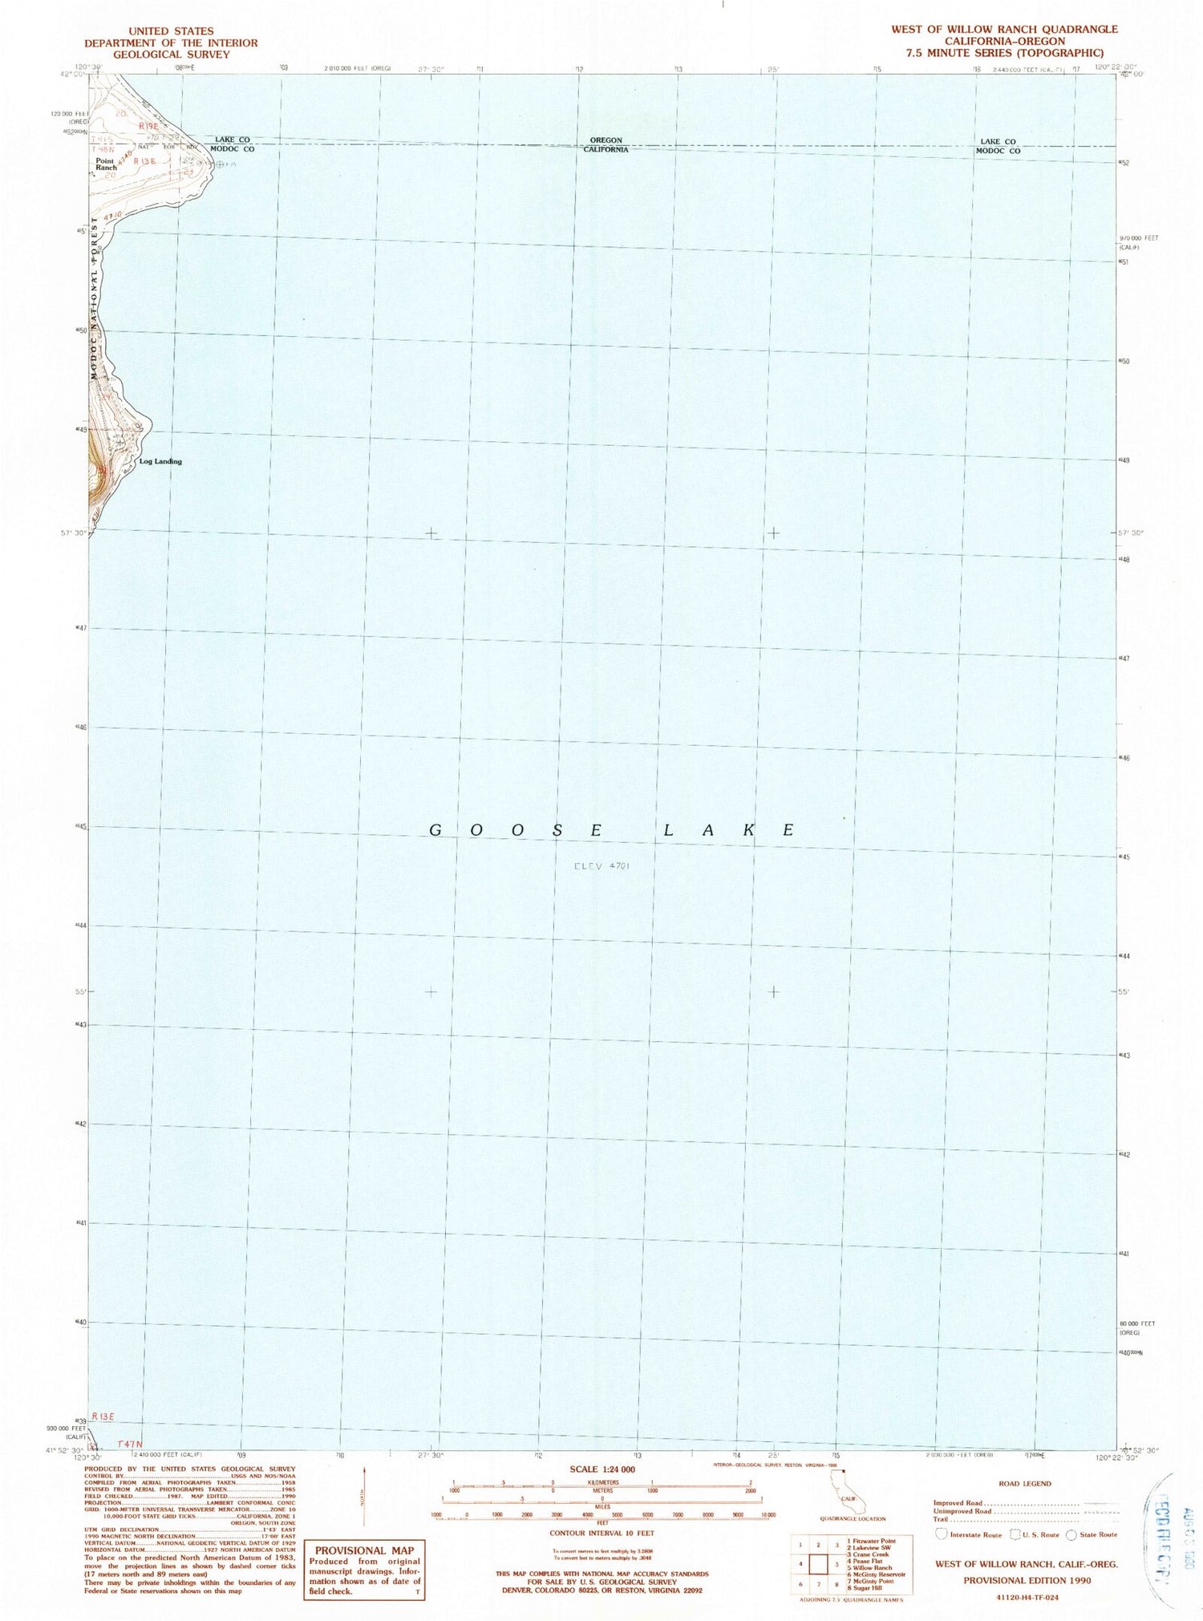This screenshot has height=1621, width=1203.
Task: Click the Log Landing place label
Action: coord(160,461)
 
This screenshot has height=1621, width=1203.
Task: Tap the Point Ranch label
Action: coord(106,164)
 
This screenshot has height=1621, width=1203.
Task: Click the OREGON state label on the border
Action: coord(606,140)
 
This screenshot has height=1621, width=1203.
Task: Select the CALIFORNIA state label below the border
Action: coord(606,150)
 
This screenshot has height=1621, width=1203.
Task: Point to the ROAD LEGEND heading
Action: coord(1026,1483)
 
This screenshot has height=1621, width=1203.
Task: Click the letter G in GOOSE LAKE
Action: coord(435,830)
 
